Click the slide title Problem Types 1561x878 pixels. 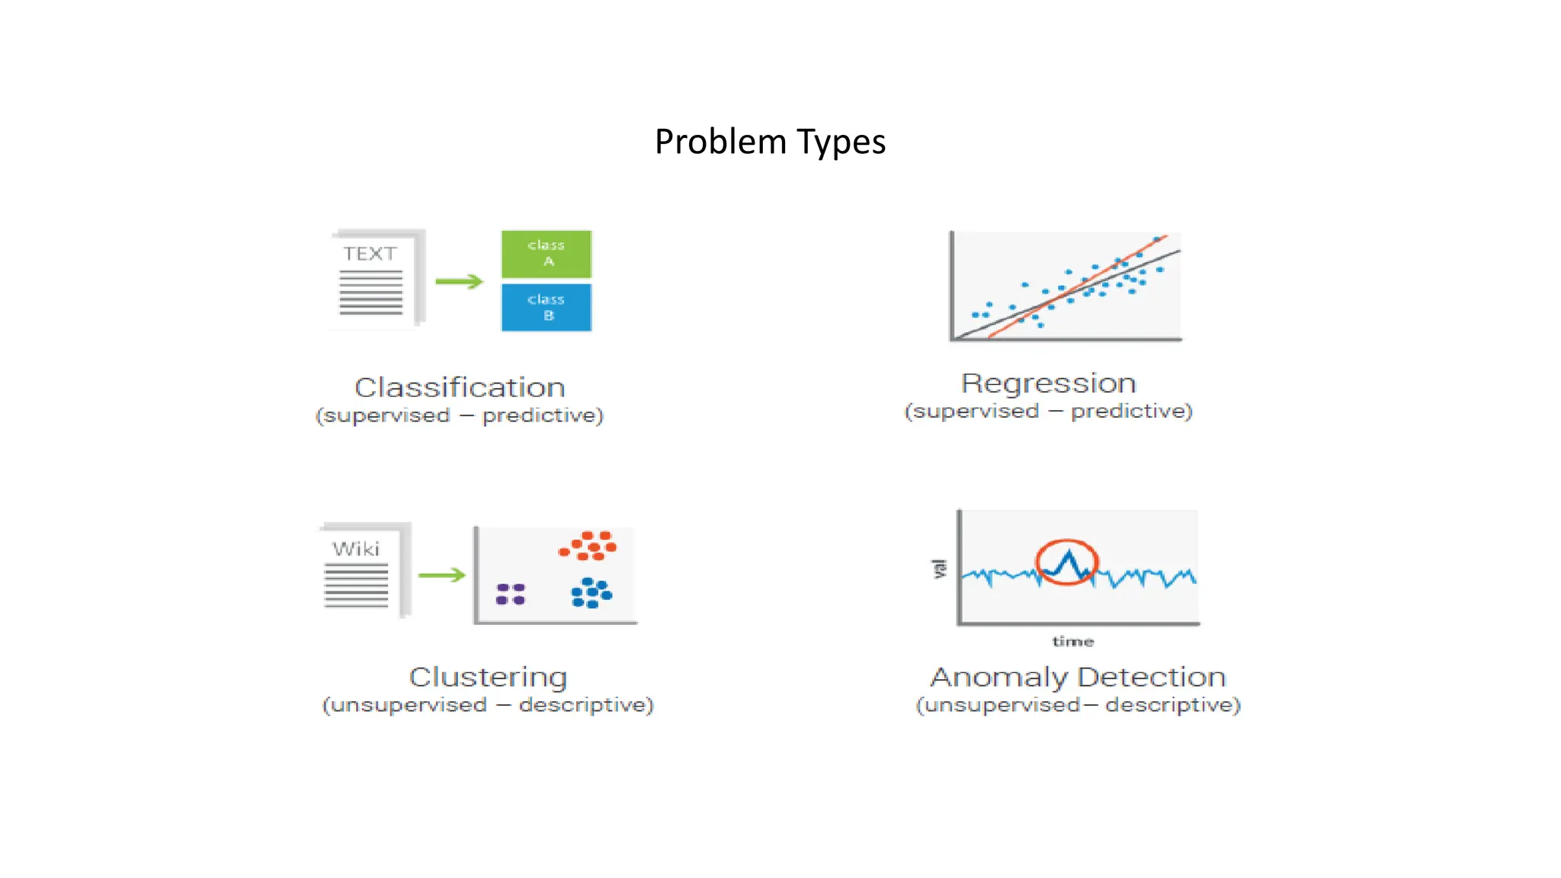click(770, 142)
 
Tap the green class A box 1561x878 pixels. click(546, 254)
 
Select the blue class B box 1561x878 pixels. click(546, 308)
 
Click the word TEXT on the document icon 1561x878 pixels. click(370, 254)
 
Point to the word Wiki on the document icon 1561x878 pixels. click(355, 549)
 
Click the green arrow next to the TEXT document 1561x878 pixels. click(459, 281)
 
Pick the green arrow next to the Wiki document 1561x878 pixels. click(441, 575)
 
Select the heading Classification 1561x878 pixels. click(460, 387)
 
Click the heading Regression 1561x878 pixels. click(1048, 383)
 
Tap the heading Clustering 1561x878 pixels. click(488, 677)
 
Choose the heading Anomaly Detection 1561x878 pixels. click(1078, 677)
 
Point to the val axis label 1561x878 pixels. click(940, 569)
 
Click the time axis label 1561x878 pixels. click(1072, 642)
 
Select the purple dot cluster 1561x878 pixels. click(510, 594)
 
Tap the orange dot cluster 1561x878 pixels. click(588, 546)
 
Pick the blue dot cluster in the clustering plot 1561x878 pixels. click(591, 593)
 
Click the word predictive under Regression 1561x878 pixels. click(1131, 412)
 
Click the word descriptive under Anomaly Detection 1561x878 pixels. click(1172, 705)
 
